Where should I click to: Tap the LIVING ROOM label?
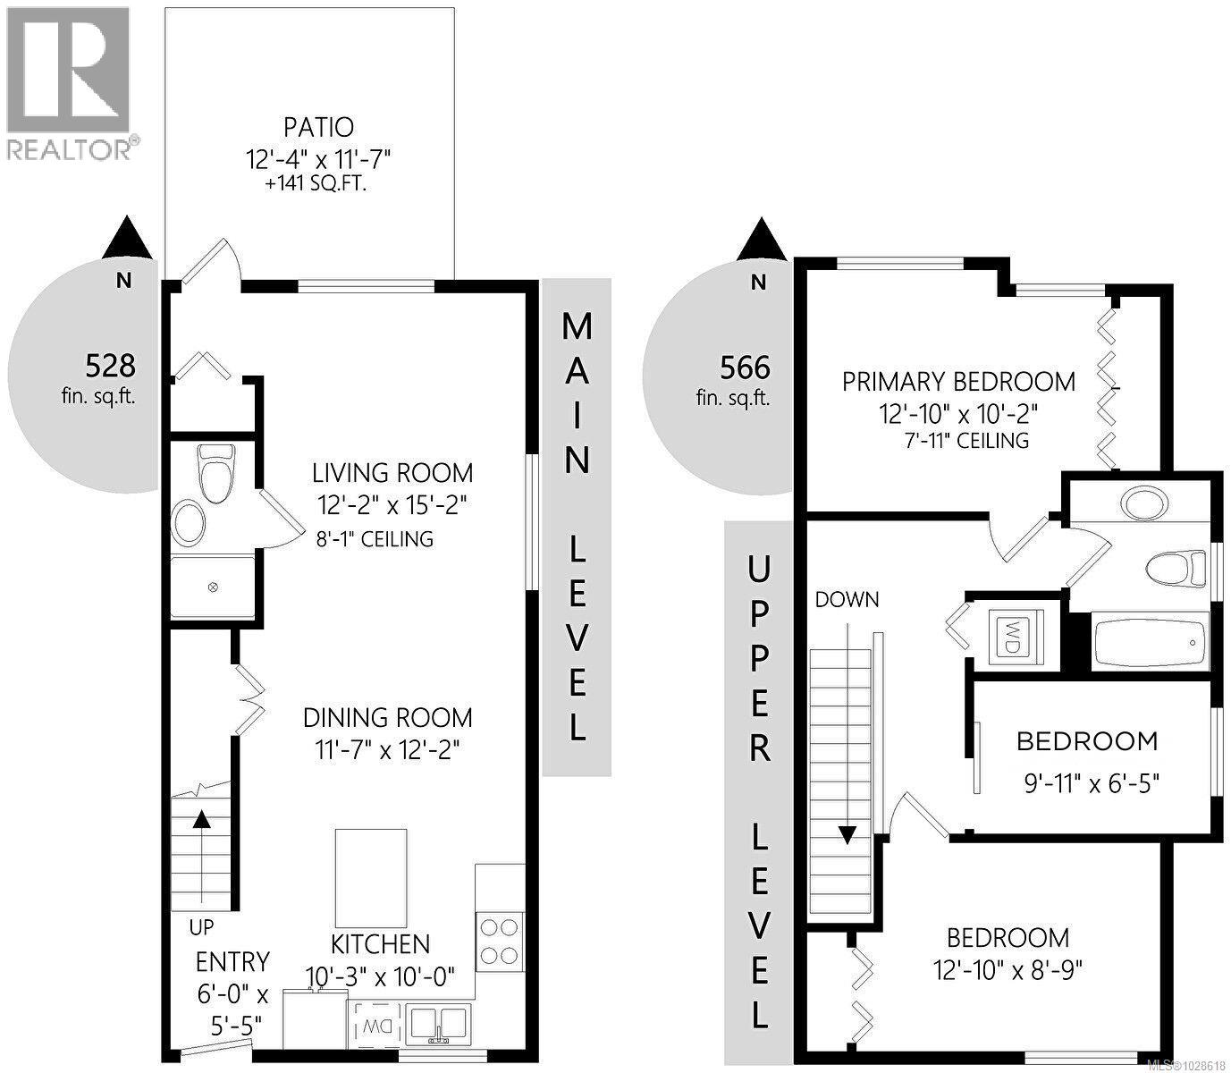(392, 472)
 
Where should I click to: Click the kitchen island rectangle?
(371, 878)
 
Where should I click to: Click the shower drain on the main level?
(213, 587)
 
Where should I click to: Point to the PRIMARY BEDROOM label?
(958, 382)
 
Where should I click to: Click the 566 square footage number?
(745, 368)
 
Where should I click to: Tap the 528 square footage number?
(110, 365)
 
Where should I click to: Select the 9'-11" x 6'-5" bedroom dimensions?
(1091, 784)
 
